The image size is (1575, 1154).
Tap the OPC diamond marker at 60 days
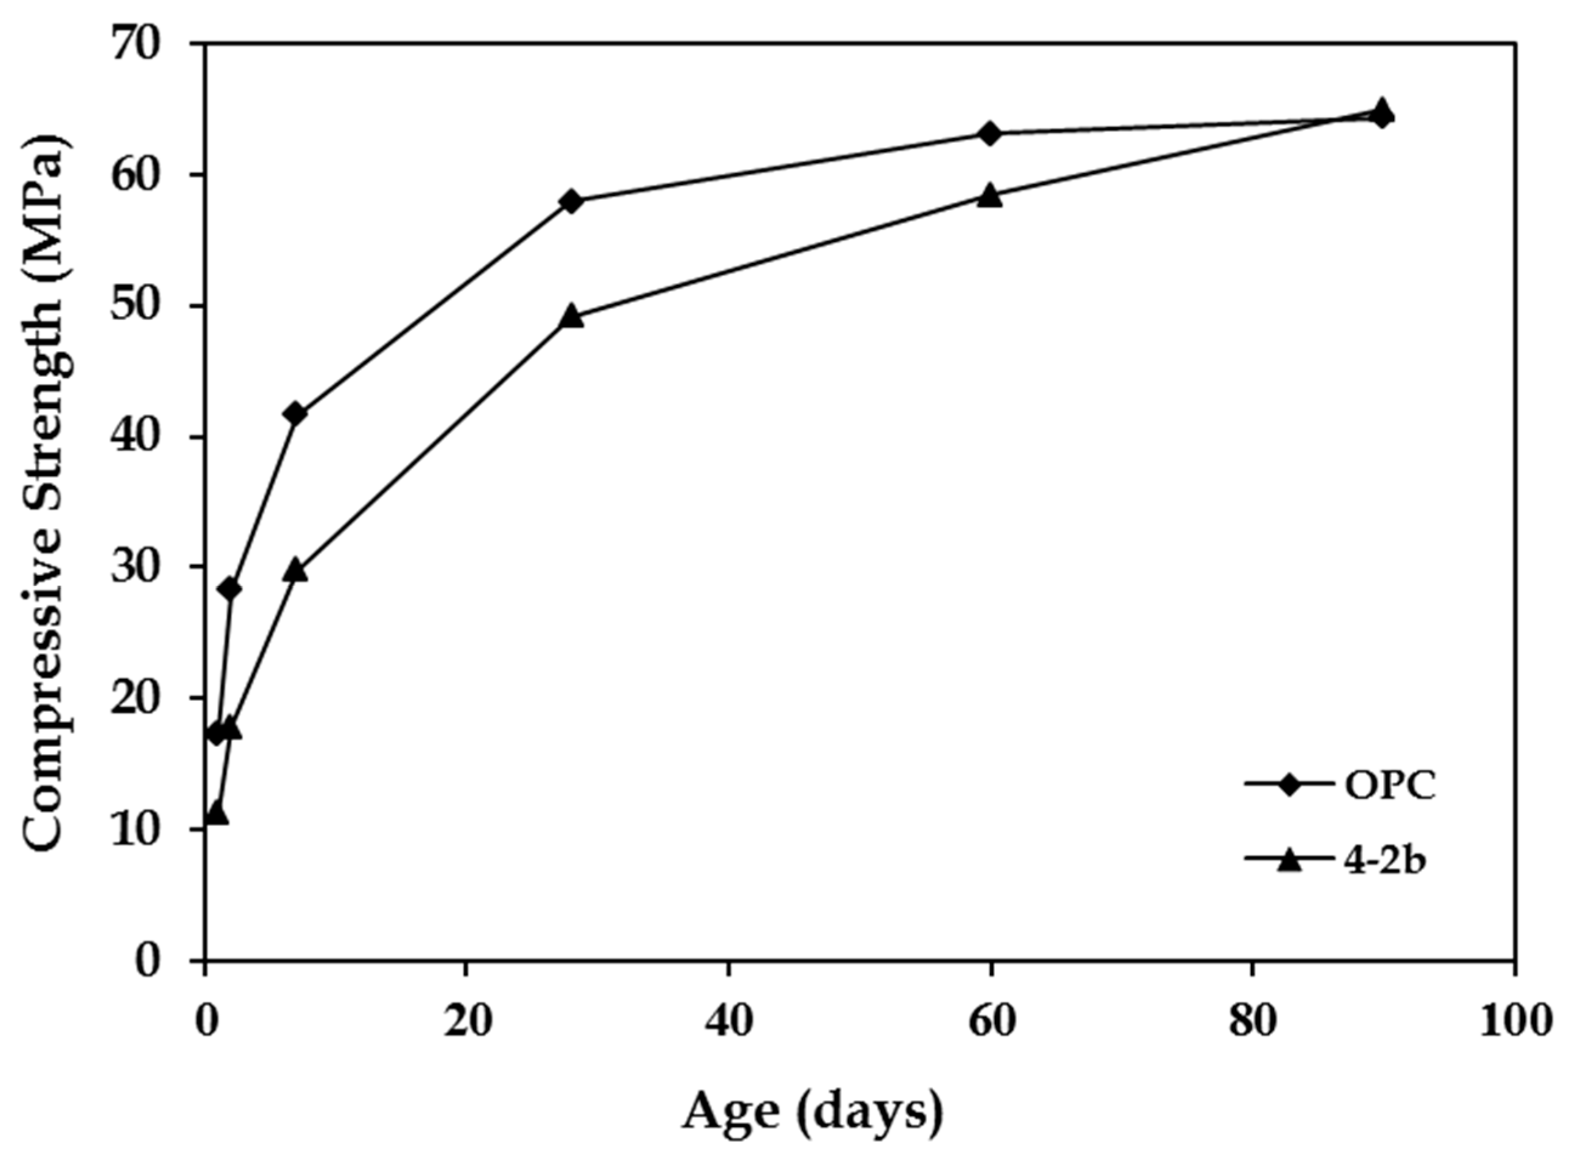pos(989,133)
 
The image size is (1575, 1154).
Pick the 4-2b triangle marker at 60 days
pos(989,197)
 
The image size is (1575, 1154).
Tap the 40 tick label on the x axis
pos(728,1022)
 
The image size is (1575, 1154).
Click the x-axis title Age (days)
pos(812,1112)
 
